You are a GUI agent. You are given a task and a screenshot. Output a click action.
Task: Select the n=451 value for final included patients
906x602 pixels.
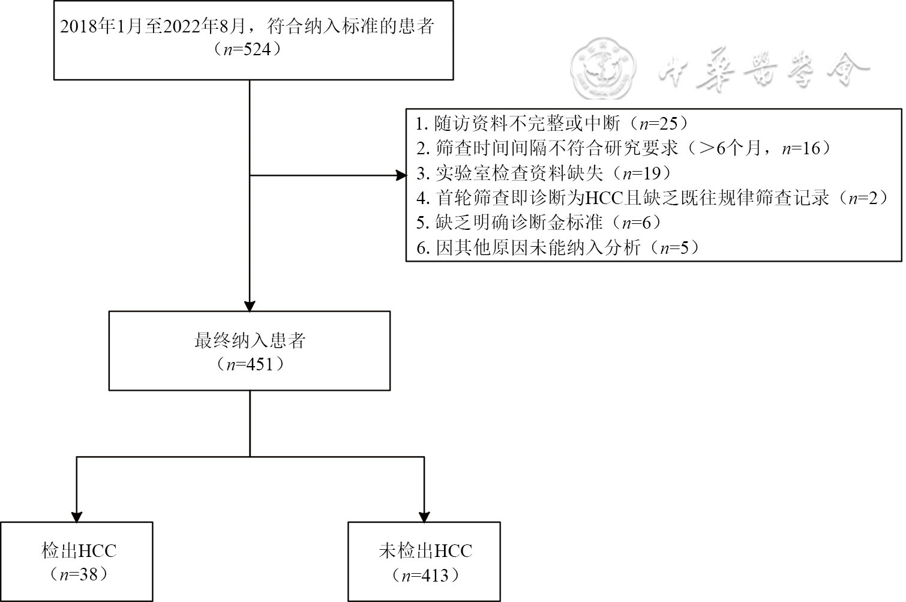pyautogui.click(x=250, y=364)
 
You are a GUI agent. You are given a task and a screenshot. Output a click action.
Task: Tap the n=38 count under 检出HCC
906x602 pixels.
pyautogui.click(x=79, y=574)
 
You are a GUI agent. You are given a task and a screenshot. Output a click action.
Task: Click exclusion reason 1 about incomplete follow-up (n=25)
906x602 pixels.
pyautogui.click(x=552, y=124)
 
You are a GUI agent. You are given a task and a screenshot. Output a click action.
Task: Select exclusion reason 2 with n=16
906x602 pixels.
pyautogui.click(x=624, y=148)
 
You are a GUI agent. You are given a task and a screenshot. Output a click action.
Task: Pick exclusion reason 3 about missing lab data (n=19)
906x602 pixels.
pyautogui.click(x=544, y=173)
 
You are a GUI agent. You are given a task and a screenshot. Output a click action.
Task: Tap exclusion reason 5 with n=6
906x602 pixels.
pyautogui.click(x=539, y=223)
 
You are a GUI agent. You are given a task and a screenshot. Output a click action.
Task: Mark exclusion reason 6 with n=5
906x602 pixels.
pyautogui.click(x=558, y=247)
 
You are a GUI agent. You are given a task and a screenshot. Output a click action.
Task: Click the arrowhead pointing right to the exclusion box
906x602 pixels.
pyautogui.click(x=401, y=176)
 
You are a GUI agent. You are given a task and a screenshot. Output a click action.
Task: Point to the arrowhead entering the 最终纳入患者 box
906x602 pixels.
pyautogui.click(x=250, y=304)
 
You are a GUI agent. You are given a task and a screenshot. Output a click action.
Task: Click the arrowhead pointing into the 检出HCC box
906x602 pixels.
pyautogui.click(x=77, y=516)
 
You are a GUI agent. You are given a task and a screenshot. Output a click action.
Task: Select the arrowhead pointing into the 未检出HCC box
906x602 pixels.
pyautogui.click(x=424, y=516)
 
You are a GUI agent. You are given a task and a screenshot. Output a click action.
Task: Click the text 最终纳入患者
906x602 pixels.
pyautogui.click(x=250, y=340)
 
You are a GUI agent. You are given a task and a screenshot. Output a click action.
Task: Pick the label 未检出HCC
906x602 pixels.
pyautogui.click(x=425, y=550)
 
